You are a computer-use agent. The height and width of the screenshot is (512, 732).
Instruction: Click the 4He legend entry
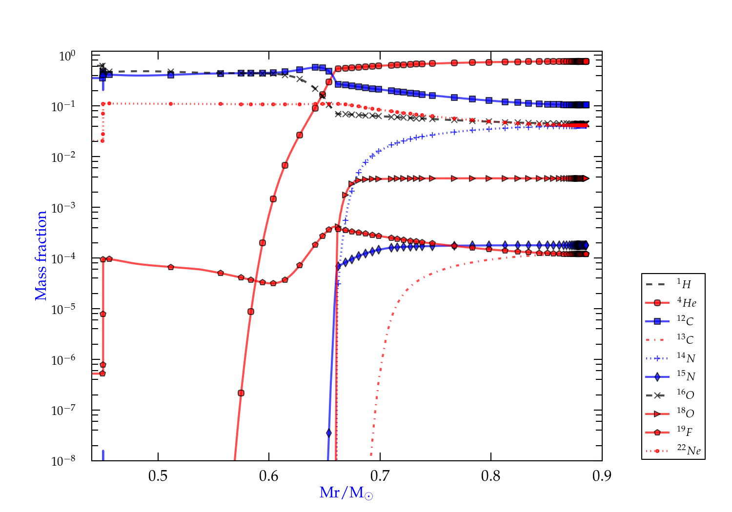[x=673, y=303]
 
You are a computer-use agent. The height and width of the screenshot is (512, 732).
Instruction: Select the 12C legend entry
[x=673, y=321]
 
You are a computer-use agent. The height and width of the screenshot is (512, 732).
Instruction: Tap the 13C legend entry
[x=673, y=339]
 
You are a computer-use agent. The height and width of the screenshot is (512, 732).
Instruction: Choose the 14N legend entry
[x=673, y=358]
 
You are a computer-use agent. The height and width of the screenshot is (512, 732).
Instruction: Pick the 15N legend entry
[x=673, y=376]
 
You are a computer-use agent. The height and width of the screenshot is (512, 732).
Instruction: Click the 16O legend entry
[x=673, y=395]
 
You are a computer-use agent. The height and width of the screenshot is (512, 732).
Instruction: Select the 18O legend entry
[x=673, y=414]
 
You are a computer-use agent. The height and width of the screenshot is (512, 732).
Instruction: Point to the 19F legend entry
[x=673, y=432]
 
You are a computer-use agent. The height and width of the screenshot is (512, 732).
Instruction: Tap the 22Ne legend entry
[x=673, y=451]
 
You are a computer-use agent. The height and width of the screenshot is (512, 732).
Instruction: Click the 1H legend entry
[x=673, y=284]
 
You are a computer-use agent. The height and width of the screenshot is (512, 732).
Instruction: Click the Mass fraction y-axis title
[x=41, y=256]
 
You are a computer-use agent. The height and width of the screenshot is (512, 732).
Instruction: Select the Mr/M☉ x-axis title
[x=346, y=493]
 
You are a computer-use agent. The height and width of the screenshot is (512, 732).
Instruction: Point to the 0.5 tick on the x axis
[x=158, y=475]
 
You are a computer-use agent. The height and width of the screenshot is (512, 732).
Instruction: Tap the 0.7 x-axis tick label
[x=380, y=475]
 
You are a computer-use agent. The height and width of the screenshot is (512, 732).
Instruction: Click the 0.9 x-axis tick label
[x=602, y=475]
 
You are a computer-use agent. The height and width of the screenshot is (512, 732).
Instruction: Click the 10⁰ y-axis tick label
[x=67, y=56]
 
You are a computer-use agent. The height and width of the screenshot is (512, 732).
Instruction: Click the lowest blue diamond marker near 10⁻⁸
[x=329, y=433]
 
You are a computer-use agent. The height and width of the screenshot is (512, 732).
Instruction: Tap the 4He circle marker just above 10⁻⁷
[x=241, y=393]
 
